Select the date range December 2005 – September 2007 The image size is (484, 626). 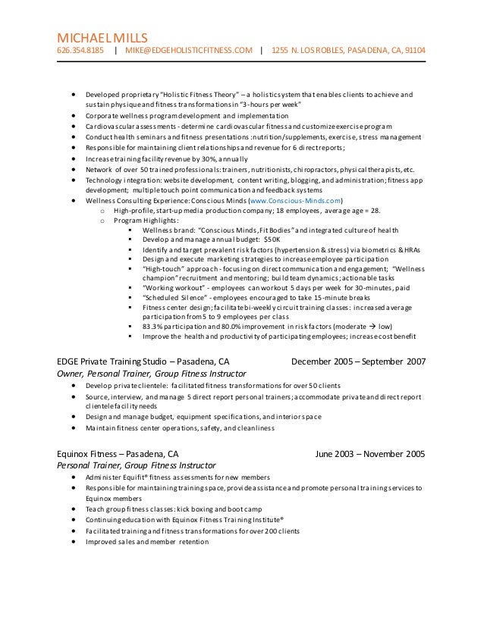point(359,362)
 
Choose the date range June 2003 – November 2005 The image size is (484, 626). point(370,455)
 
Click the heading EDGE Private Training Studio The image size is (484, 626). point(121,362)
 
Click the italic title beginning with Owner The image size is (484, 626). point(152,374)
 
